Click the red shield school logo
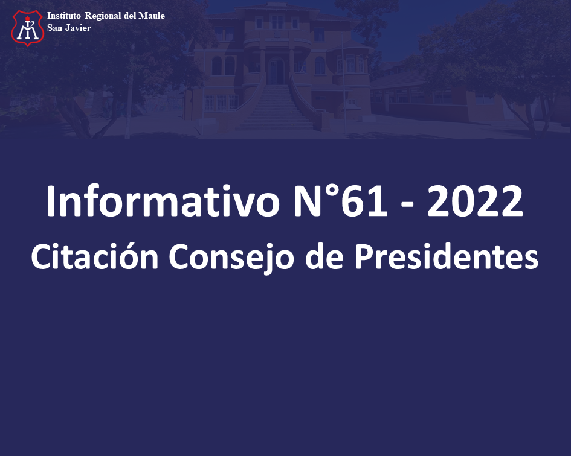[28, 28]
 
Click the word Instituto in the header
[64, 16]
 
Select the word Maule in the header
[152, 16]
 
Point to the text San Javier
[69, 28]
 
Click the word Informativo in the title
[163, 201]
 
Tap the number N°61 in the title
[341, 201]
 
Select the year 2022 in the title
[475, 201]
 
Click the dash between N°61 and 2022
[407, 206]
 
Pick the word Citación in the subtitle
[95, 256]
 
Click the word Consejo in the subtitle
[231, 258]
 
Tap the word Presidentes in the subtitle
[446, 256]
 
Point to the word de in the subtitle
[324, 256]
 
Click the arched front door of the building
[276, 71]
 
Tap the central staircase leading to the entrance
[276, 107]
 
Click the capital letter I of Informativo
[50, 201]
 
